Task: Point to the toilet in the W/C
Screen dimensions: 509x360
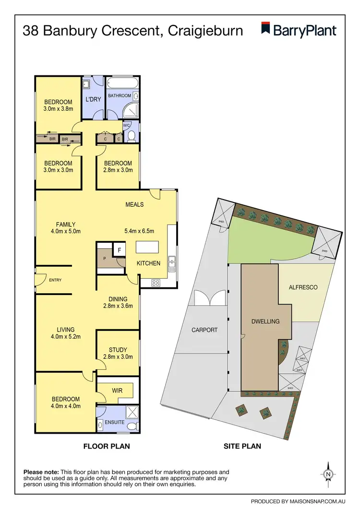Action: coord(132,138)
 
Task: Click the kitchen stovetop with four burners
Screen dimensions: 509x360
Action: coord(156,283)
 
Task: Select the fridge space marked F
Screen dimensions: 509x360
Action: coord(119,249)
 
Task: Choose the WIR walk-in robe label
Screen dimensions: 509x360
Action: coord(117,391)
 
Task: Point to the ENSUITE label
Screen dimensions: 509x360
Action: coord(115,423)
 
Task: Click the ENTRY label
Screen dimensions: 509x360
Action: coord(55,280)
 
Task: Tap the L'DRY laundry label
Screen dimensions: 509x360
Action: coord(93,99)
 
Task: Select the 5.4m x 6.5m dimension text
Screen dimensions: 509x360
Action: coord(139,231)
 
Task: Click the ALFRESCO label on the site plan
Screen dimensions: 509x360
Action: coord(302,287)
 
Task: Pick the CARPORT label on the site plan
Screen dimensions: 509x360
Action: coord(204,330)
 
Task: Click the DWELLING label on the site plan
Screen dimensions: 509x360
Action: coord(265,321)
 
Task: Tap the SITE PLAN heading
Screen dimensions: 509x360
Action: coord(242,446)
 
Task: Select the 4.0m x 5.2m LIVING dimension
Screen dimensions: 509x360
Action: coord(65,336)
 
